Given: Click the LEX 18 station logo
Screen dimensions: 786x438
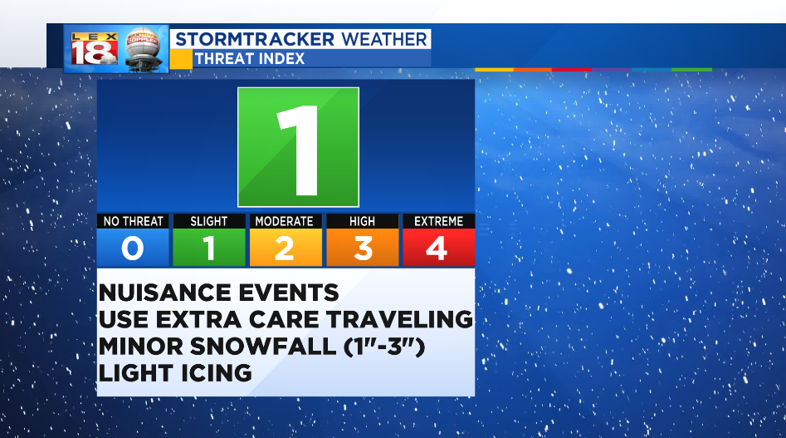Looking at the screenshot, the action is click(x=95, y=49).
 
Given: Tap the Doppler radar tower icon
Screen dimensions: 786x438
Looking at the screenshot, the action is click(x=144, y=49).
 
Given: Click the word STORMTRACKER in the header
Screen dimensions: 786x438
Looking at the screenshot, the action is click(x=255, y=39).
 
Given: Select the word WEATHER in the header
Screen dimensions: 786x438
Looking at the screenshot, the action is click(x=384, y=39).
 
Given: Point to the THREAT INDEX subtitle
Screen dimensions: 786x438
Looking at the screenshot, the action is click(x=250, y=59).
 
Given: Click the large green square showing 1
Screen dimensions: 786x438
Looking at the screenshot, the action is click(x=298, y=147).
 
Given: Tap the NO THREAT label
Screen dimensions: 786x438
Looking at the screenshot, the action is click(x=133, y=221).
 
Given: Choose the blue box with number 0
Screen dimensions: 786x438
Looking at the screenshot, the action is click(x=133, y=248).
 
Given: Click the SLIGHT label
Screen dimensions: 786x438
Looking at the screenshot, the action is click(x=209, y=221).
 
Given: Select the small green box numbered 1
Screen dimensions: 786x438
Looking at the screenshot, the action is click(x=209, y=248).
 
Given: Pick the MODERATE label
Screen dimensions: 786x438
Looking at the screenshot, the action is click(x=284, y=221).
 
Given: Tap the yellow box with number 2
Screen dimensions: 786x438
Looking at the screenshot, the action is click(x=286, y=248).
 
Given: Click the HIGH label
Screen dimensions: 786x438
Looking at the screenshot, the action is click(x=363, y=221).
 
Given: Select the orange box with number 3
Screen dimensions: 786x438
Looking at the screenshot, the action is click(x=363, y=248).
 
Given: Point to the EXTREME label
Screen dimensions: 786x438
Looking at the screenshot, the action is click(x=438, y=221).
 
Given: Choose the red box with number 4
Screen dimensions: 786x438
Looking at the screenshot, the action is click(x=438, y=248).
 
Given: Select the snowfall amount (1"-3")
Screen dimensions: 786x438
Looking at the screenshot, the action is click(x=384, y=347).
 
